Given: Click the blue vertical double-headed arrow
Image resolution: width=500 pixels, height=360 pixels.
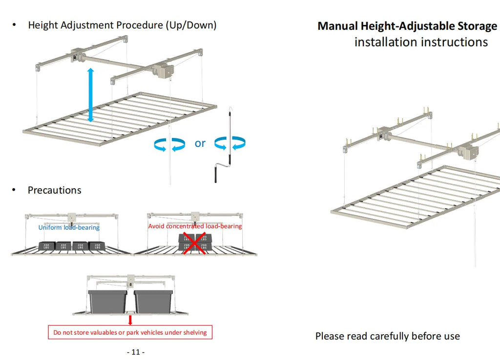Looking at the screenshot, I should (x=90, y=95).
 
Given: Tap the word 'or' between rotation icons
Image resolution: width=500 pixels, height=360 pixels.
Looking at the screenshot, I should (x=200, y=143).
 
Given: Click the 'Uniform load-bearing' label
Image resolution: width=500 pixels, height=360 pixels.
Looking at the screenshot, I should (x=69, y=227).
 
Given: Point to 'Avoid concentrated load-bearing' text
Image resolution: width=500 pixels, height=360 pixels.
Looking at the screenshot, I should (x=195, y=226).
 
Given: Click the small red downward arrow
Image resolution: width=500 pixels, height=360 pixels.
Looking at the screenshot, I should (x=130, y=320).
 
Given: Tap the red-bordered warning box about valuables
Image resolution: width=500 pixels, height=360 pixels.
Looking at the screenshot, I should (x=130, y=333).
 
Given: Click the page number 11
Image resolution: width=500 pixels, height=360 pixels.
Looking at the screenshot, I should (x=136, y=352).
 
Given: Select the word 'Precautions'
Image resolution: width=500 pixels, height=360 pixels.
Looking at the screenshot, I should (x=55, y=190).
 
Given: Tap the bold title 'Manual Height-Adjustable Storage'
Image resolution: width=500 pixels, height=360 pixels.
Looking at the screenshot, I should (x=407, y=26).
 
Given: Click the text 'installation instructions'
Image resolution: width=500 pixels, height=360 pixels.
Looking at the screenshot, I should (x=421, y=42).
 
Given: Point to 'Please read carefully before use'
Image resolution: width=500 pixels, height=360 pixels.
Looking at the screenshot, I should (x=387, y=336).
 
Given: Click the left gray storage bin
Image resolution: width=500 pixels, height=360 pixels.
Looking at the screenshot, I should (x=107, y=301).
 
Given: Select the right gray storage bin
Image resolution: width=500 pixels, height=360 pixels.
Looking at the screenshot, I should (x=153, y=301).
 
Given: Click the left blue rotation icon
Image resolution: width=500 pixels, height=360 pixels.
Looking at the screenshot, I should (x=169, y=144).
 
